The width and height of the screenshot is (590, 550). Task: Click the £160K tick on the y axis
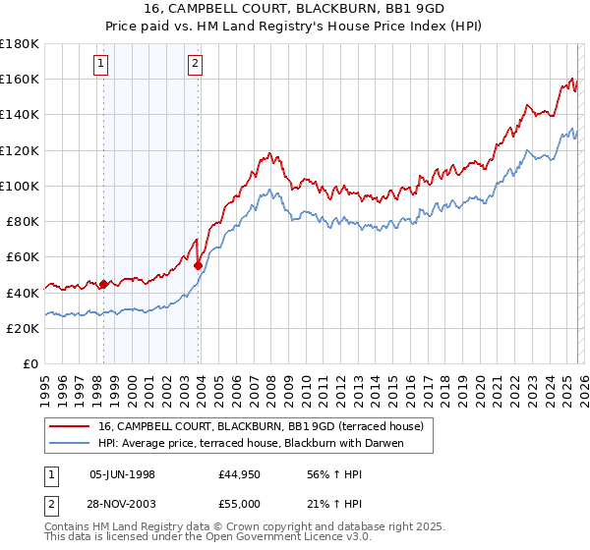coord(20,79)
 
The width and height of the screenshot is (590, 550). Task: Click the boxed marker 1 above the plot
coord(102,65)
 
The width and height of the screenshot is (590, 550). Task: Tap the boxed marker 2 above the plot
coord(196,65)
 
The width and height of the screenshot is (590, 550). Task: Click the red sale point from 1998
coord(103,284)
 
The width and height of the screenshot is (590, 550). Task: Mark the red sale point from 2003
coord(199,265)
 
